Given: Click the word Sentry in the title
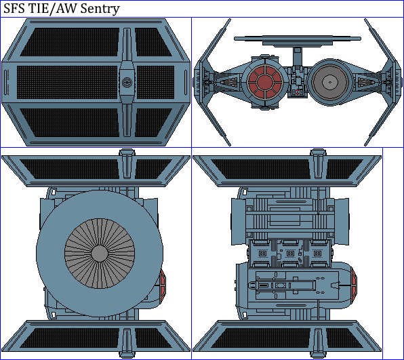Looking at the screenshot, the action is click(100, 9).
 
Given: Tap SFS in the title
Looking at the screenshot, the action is click(14, 9).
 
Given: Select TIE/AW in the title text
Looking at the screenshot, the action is click(53, 9).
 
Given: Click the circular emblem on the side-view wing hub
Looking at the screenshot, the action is click(127, 82).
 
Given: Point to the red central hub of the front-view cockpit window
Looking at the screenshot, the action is click(265, 82).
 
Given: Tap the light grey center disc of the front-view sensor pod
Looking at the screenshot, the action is click(330, 82).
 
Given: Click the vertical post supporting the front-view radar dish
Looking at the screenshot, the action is click(298, 57).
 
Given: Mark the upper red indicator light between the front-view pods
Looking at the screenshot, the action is click(298, 90).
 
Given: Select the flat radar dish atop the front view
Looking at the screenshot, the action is click(298, 41).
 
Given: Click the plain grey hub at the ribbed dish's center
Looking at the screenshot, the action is click(100, 254).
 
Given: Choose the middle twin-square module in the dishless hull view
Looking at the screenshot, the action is click(290, 254).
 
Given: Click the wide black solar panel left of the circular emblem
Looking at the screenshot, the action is click(67, 82).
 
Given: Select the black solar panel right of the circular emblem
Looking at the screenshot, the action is click(155, 82).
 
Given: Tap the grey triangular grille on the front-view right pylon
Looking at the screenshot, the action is click(367, 82).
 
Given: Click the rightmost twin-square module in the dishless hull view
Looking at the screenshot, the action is click(317, 254).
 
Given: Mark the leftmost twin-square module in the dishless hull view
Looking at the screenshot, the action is click(262, 254).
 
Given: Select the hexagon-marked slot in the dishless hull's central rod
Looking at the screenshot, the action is click(280, 285).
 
